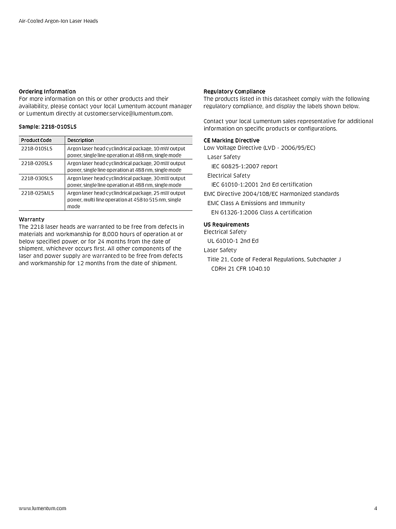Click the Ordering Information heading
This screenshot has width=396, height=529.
[47, 91]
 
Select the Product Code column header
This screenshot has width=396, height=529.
[36, 140]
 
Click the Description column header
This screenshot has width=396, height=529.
[80, 140]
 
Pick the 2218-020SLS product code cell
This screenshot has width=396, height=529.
[37, 164]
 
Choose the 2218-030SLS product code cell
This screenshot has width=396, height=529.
[37, 178]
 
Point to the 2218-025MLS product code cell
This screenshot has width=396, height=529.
[37, 193]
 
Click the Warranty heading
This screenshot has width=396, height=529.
[32, 219]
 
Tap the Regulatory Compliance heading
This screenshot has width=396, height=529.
[234, 91]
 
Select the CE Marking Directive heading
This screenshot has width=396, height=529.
[231, 140]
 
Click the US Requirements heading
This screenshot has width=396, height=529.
[226, 225]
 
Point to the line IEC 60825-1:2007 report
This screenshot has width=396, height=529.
[244, 166]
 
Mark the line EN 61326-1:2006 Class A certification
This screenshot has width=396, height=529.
[262, 212]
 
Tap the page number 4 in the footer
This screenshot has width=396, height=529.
[376, 508]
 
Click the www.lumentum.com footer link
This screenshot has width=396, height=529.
[43, 508]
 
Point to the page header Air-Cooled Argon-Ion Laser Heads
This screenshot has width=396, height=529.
[58, 21]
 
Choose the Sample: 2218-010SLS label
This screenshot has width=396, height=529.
[44, 127]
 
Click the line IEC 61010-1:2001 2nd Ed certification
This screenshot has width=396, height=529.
[262, 185]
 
